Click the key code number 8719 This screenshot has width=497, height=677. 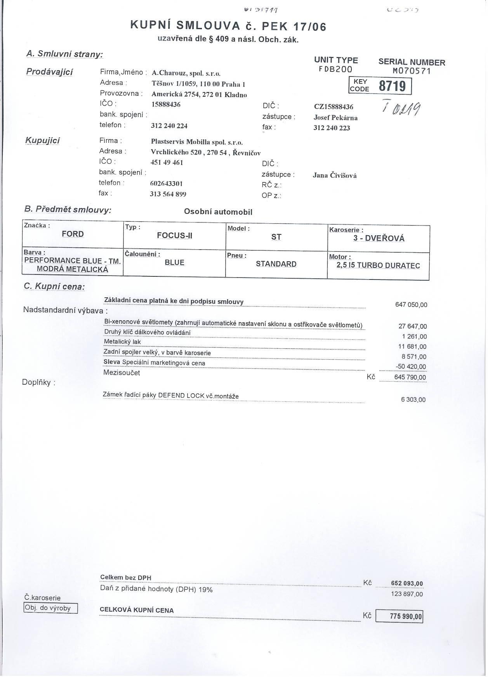[392, 86]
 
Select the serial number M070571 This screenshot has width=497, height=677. [412, 71]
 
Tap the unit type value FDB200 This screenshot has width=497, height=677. [335, 69]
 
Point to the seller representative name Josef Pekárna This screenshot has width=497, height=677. [335, 118]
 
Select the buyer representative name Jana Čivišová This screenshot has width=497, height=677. [335, 175]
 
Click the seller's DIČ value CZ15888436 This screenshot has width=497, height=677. [334, 107]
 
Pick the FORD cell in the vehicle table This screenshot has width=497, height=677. [73, 234]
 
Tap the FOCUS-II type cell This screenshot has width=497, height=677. [174, 235]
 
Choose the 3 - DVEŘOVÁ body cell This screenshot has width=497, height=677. [379, 238]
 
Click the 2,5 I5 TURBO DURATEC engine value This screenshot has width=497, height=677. [378, 266]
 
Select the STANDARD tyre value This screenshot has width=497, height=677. [276, 264]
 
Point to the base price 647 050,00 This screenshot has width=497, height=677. [411, 305]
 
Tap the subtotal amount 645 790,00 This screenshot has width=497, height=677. [410, 377]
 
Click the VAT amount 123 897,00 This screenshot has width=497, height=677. [407, 594]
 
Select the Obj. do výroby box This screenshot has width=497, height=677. [50, 608]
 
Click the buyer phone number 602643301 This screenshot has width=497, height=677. [166, 184]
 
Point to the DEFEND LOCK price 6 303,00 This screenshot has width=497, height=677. [413, 399]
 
